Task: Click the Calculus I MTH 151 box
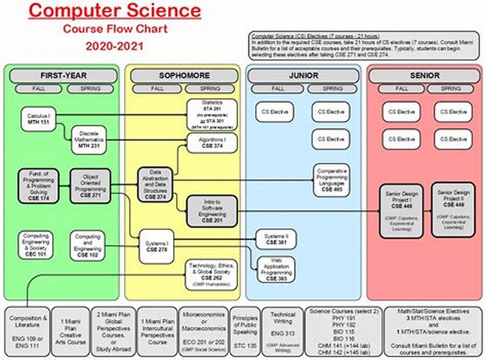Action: [x=38, y=117]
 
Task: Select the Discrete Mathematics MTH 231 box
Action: [x=88, y=139]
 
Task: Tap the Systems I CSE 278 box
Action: [x=157, y=246]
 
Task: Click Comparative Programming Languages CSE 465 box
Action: [x=332, y=180]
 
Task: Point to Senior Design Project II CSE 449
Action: [x=453, y=209]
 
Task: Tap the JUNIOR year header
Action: [x=304, y=75]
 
